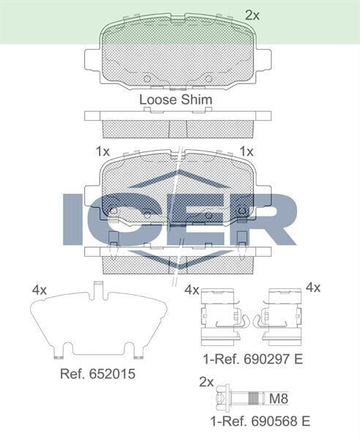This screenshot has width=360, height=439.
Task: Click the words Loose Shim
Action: pos(176,99)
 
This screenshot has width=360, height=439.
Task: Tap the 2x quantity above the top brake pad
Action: pos(252,14)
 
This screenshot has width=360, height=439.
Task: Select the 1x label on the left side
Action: pos(102,151)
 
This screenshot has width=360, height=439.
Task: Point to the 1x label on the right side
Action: pos(247,151)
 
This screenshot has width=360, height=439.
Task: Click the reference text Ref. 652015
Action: pos(97,372)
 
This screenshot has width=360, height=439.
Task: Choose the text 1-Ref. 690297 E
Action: pos(253,359)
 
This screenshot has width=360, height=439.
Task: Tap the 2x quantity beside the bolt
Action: pos(206,382)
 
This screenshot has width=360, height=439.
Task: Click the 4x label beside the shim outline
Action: pos(40,290)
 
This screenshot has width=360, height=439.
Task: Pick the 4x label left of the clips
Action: pos(192,290)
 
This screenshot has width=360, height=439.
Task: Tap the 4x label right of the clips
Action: pos(312,288)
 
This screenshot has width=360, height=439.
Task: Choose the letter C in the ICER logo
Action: pos(124,218)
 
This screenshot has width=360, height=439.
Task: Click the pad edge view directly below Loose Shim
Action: pos(178,124)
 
